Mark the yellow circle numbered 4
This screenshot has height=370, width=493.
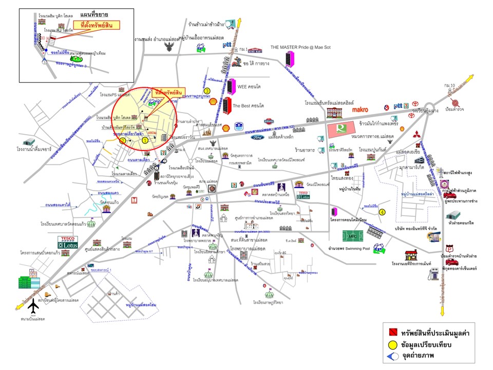[382, 211]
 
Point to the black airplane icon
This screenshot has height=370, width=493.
[34, 306]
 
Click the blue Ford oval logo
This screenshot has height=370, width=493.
[257, 137]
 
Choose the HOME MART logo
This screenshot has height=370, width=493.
[255, 50]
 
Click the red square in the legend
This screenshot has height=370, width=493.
[392, 332]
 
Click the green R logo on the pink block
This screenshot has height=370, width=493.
[341, 127]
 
